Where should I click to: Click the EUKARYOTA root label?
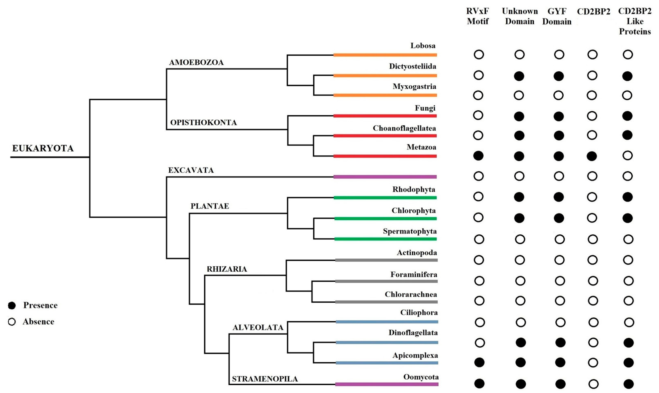43,148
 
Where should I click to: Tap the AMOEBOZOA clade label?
196,63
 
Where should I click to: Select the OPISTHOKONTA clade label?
203,123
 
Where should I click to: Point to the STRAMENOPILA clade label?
265,379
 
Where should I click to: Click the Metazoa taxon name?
421,147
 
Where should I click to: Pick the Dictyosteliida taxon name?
412,66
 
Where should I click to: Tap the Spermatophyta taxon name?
410,231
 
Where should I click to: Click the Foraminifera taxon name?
414,274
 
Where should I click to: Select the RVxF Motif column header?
478,16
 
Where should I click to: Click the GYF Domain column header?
557,16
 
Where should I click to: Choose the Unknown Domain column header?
520,16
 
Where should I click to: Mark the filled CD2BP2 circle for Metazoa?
592,156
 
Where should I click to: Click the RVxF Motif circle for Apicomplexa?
479,362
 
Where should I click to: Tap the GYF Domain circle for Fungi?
558,116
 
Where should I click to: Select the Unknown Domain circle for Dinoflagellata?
521,342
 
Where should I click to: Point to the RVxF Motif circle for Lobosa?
479,55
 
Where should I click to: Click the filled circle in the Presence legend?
12,305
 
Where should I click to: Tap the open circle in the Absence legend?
12,322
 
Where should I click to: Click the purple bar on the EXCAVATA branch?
385,177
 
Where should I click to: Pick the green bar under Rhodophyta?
385,198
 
